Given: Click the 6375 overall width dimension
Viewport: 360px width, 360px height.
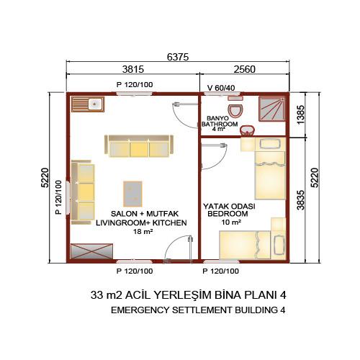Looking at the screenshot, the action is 178,57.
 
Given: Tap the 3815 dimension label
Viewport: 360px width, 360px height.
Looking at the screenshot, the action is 133,69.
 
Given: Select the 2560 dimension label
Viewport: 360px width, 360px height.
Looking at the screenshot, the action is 245,69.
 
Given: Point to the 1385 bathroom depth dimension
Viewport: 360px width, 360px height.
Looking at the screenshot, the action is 301,114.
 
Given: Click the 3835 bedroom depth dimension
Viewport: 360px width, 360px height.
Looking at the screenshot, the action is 301,200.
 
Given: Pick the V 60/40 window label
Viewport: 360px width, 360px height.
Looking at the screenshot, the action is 221,88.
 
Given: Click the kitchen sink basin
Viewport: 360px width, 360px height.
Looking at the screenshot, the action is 96,104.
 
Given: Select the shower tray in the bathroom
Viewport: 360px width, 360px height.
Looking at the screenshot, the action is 272,109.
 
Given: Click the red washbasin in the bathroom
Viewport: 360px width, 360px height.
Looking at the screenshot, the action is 248,131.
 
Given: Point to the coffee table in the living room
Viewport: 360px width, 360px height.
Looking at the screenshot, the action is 132,194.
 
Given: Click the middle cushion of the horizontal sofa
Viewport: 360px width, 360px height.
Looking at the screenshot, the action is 139,149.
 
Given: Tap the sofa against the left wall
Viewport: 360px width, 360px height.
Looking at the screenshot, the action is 82,192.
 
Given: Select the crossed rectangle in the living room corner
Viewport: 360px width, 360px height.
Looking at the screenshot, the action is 91,251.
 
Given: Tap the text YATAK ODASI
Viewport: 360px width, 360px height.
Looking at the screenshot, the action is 229,206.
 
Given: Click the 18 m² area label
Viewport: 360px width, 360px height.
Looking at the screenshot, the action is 143,232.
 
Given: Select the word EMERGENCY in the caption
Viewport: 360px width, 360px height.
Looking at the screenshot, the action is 140,310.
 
